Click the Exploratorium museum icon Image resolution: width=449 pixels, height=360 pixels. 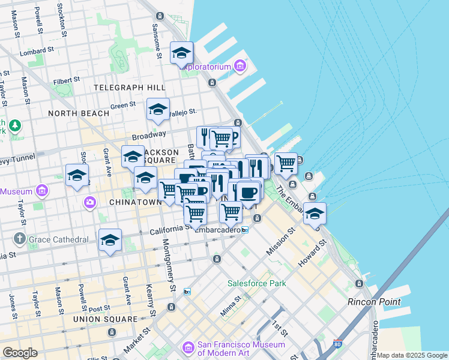click(240, 65)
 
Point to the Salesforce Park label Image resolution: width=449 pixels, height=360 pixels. click(256, 283)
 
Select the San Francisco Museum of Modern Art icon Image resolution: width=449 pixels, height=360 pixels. click(188, 347)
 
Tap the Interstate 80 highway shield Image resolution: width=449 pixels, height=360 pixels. click(337, 344)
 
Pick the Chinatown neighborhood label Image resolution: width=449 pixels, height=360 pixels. click(136, 202)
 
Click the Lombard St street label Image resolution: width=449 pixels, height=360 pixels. click(37, 52)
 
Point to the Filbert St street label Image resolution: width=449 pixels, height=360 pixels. click(66, 79)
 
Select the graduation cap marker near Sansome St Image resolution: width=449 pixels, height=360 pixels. click(181, 53)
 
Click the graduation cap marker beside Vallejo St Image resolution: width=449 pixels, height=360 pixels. click(158, 110)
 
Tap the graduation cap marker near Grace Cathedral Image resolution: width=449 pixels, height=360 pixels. click(110, 241)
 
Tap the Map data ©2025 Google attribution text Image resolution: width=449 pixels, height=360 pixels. click(412, 355)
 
